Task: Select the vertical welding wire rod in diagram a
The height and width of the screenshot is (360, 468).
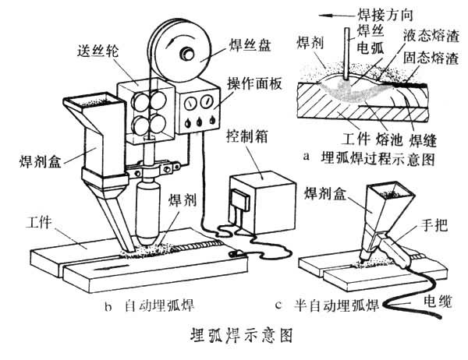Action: [342, 51]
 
